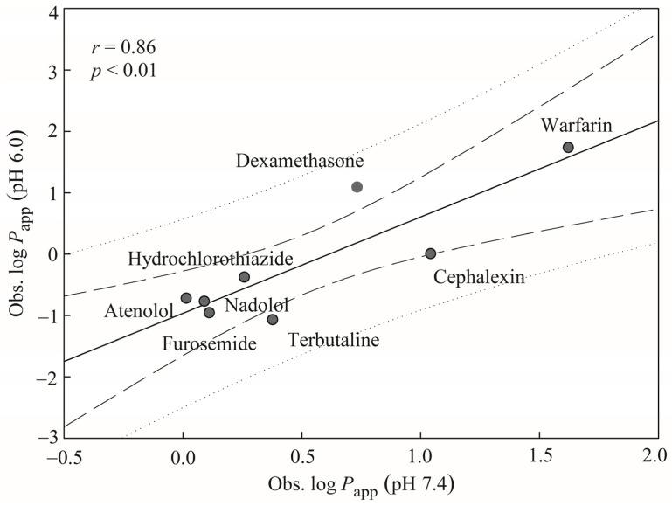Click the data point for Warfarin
coord(568,148)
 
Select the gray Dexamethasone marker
coord(357,187)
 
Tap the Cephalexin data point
coord(430,253)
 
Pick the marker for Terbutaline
coord(273,319)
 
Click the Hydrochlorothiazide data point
coord(244,276)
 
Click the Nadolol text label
coord(256,305)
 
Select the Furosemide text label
coord(210,343)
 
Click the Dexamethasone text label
coord(300,161)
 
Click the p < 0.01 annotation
coord(123,71)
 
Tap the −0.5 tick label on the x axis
coord(64,456)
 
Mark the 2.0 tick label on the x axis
coord(656,456)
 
